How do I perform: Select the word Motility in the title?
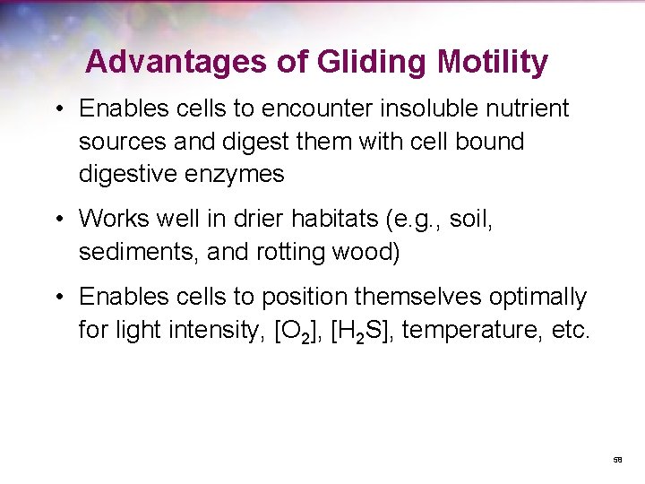pyautogui.click(x=493, y=62)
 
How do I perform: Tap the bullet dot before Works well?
pyautogui.click(x=58, y=219)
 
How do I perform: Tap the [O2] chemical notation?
pyautogui.click(x=293, y=331)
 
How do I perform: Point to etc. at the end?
pyautogui.click(x=566, y=331)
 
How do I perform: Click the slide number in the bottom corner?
pyautogui.click(x=617, y=459)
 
